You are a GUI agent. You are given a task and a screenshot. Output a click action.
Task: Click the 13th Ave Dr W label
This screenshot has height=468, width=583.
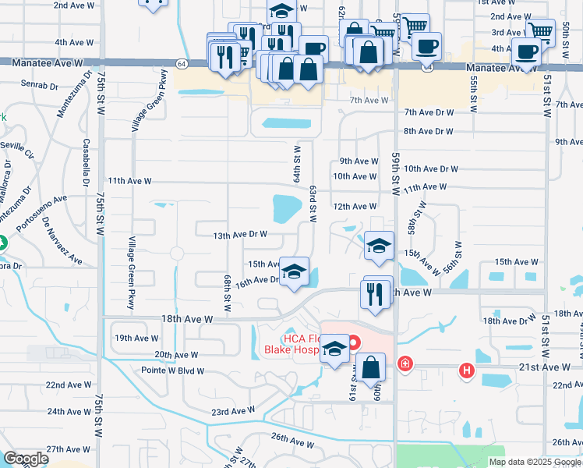[x=240, y=234]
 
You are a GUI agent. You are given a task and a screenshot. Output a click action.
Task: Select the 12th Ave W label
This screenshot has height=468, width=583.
[x=355, y=207]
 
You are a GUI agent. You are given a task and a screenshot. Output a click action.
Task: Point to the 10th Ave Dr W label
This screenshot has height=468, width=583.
[x=431, y=168]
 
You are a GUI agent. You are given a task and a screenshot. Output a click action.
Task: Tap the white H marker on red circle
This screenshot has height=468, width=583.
[x=467, y=370]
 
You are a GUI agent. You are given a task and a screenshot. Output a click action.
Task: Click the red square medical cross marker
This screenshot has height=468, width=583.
[x=405, y=363]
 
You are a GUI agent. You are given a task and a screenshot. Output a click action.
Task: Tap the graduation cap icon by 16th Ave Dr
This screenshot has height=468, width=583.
[x=294, y=272]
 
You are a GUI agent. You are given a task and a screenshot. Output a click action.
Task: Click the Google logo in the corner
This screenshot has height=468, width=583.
[x=26, y=459]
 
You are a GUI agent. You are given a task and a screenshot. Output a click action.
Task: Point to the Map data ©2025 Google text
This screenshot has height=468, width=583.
[x=534, y=462]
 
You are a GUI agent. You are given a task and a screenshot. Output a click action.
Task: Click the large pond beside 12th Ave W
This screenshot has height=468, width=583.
[x=287, y=208]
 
